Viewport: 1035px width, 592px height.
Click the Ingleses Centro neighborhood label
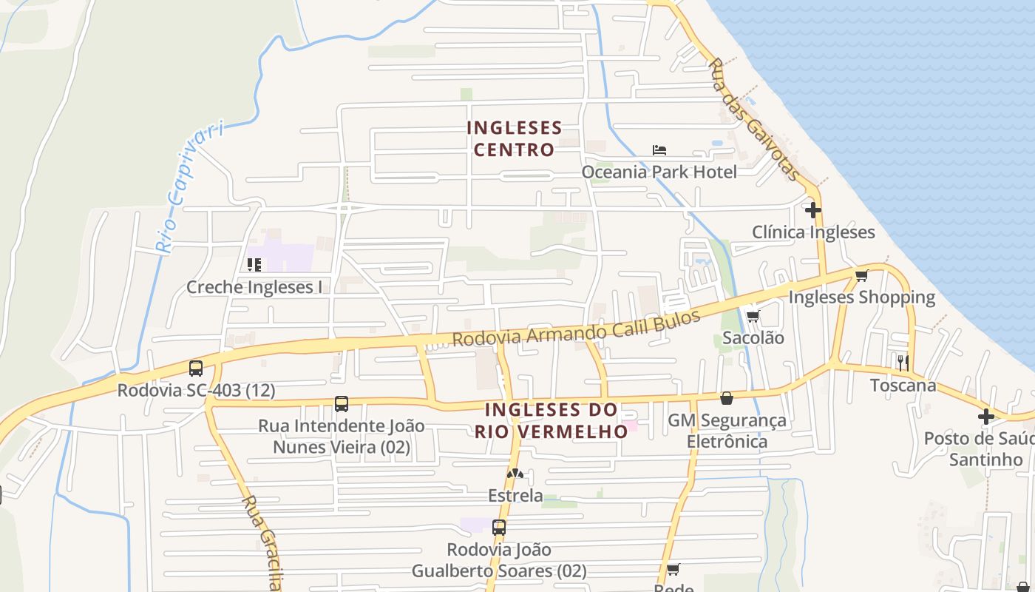(x=514, y=139)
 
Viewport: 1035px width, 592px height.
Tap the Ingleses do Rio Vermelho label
(x=551, y=420)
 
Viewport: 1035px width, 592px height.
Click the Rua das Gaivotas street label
(x=754, y=120)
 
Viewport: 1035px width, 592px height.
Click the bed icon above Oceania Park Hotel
(x=659, y=150)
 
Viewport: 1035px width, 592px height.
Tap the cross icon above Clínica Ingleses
(x=813, y=210)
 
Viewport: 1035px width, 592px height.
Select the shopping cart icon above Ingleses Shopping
(x=861, y=276)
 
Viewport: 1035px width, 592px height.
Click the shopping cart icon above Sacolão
(x=753, y=317)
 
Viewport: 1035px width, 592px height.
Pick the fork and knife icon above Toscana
(x=903, y=363)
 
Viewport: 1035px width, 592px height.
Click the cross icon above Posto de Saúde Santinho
(x=985, y=417)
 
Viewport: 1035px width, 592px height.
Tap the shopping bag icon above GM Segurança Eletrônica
(x=727, y=398)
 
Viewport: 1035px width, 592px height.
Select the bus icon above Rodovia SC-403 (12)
(x=196, y=368)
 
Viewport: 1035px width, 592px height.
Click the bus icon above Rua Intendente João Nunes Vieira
(x=341, y=404)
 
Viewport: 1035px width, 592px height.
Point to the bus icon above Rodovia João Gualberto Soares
(x=499, y=528)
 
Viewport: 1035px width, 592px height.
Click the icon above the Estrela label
(x=515, y=474)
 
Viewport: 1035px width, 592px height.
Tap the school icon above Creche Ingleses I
(x=254, y=264)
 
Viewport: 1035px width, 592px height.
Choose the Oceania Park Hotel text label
(x=659, y=172)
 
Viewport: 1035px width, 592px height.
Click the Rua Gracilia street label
(x=262, y=544)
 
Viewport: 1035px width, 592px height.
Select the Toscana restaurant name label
(x=903, y=386)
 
